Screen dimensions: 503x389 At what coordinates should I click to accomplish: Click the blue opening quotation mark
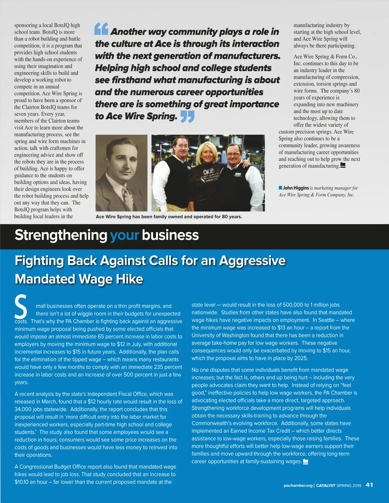[x=101, y=29]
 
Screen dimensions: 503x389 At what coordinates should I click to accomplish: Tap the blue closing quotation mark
[x=187, y=116]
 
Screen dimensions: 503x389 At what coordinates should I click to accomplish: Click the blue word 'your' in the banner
[x=124, y=235]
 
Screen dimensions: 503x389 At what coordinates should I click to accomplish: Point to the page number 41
[x=369, y=485]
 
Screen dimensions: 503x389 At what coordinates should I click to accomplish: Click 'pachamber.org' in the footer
[x=298, y=486]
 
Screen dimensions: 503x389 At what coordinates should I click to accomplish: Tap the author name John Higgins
[x=296, y=188]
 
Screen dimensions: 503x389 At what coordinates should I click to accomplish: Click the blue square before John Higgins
[x=280, y=188]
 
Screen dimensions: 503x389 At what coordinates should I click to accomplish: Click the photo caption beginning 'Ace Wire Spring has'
[x=169, y=217]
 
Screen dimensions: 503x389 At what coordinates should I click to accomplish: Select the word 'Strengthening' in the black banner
[x=61, y=235]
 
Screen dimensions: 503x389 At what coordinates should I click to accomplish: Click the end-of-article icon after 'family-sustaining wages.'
[x=305, y=462]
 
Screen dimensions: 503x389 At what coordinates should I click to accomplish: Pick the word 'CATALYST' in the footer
[x=325, y=486]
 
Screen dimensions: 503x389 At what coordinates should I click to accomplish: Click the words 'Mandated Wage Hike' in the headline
[x=79, y=279]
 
